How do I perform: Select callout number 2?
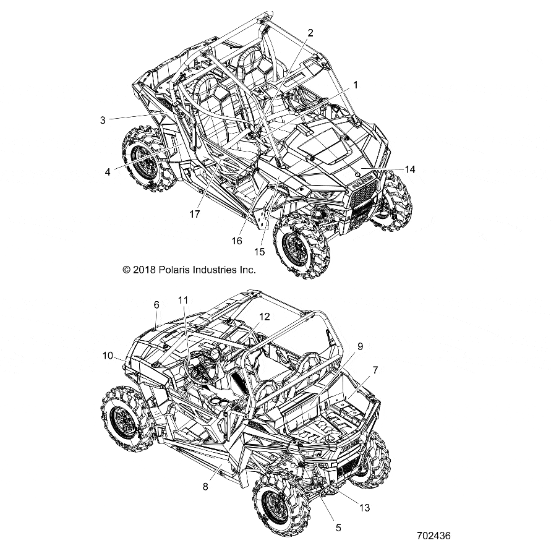310,33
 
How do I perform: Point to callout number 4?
108,173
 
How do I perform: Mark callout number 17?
195,215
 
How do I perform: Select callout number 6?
156,305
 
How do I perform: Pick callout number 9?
360,347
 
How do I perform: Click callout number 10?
107,355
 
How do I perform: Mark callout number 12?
265,317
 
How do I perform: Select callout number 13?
364,508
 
